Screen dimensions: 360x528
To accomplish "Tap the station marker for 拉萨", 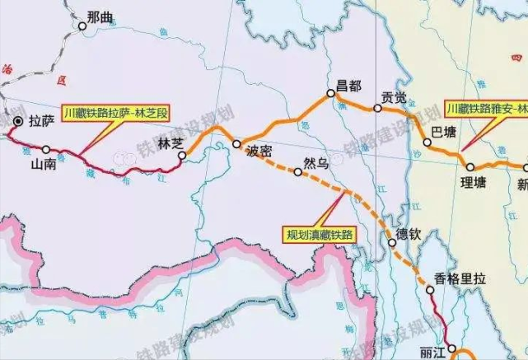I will click(x=18, y=121).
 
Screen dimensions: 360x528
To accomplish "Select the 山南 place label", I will click(x=44, y=164).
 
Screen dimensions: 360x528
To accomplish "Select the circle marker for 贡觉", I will click(x=377, y=108).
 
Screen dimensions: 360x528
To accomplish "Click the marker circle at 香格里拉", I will click(x=431, y=291).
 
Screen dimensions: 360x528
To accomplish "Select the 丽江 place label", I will click(x=431, y=353).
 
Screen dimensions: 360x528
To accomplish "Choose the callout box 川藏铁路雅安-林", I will click(x=486, y=108).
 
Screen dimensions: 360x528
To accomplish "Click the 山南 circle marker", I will click(x=46, y=149).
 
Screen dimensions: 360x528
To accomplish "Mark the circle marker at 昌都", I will click(x=332, y=93).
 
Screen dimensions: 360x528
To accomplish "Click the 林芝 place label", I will click(x=170, y=142).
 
